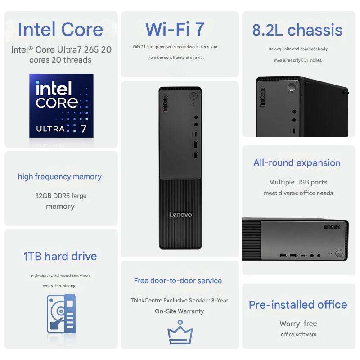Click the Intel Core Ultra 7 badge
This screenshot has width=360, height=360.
[x=61, y=105]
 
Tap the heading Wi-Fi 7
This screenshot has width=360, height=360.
[x=175, y=30]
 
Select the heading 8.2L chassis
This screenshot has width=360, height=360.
[x=297, y=30]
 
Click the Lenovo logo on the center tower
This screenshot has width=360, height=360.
[x=180, y=215]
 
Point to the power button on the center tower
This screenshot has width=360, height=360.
[x=193, y=96]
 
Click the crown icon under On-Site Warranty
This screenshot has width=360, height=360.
[x=180, y=333]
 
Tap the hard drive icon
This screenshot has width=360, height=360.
[x=61, y=314]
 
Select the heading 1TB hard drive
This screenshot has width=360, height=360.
[x=60, y=256]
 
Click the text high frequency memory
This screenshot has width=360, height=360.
[x=60, y=176]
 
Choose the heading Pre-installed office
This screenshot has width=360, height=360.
[x=298, y=305]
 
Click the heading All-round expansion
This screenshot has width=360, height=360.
[x=297, y=163]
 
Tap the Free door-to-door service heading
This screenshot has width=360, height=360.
[x=178, y=280]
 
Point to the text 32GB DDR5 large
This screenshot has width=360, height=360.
[x=61, y=196]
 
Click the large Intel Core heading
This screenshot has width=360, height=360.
[x=60, y=30]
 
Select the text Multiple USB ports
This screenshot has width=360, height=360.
[x=298, y=182]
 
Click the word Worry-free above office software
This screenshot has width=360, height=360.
[x=298, y=324]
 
